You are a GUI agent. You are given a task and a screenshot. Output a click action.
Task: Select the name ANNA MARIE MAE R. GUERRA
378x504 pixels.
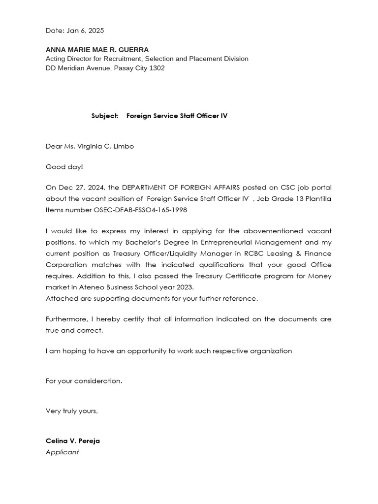point(97,50)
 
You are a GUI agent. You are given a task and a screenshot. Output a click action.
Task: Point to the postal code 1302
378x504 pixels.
point(157,68)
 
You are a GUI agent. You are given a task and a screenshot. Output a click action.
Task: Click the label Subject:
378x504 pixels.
point(105,116)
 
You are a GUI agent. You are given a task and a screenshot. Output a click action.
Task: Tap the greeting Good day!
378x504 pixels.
point(64,167)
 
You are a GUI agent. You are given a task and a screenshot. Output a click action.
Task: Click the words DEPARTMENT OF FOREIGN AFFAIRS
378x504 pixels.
point(181,188)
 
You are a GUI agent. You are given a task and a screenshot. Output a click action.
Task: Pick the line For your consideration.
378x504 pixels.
point(84,381)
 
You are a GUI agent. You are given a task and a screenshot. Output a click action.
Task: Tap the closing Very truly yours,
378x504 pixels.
point(72,411)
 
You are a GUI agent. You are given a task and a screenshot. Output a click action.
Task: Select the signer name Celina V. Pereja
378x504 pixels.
point(73,441)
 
